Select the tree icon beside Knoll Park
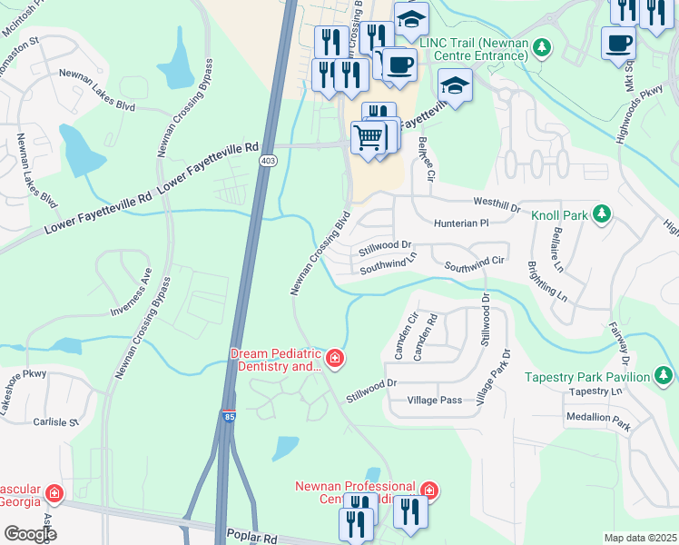600,214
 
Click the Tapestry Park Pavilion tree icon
664,376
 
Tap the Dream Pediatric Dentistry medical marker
335,360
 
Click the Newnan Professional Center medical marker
428,491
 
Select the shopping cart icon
368,137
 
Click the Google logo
29,534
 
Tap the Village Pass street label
436,400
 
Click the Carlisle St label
56,421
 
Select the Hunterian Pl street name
461,222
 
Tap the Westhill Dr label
496,205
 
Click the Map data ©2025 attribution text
640,538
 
